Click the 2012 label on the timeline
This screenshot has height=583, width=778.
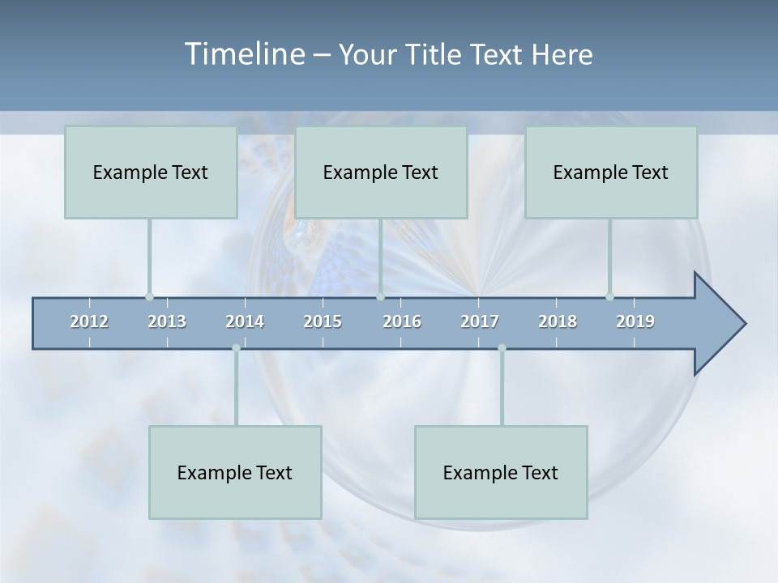tap(89, 321)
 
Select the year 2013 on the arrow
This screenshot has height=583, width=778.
tap(167, 321)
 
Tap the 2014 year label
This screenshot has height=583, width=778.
tap(245, 321)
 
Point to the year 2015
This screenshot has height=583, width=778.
tap(323, 321)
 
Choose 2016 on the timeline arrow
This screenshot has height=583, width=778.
tap(402, 321)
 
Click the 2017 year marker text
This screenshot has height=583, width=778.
tap(480, 321)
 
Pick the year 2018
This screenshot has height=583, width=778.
tap(558, 321)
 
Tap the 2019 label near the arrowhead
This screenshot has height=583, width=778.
tap(635, 321)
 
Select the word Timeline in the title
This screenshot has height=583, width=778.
tap(243, 54)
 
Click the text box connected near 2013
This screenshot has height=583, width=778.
tap(151, 172)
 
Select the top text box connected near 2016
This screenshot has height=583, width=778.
tap(381, 172)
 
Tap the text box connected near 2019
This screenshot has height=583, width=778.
tap(611, 172)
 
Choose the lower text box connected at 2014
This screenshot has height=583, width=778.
tap(235, 472)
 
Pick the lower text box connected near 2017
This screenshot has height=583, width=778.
tap(501, 472)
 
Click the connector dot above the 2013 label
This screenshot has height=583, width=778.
tap(149, 296)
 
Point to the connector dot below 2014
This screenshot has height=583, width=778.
tap(236, 348)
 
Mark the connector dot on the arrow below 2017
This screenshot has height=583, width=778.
tap(502, 348)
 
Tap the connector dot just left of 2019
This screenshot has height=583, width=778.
tap(609, 296)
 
